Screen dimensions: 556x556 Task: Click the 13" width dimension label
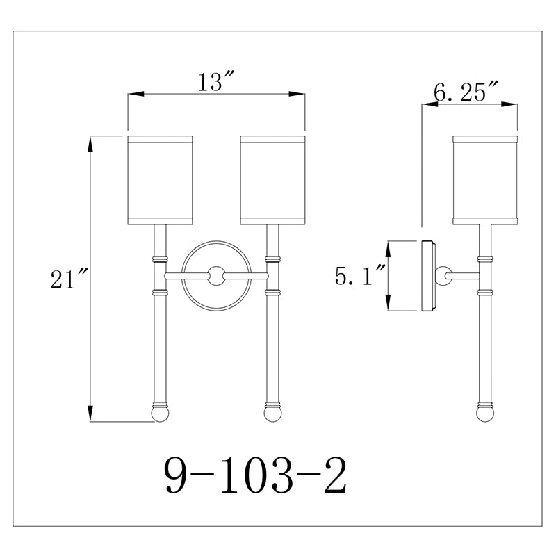(x=216, y=82)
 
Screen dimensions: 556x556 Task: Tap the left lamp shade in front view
(x=160, y=180)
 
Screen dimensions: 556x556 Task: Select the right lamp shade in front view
(x=272, y=180)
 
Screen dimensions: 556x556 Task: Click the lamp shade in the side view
(x=485, y=180)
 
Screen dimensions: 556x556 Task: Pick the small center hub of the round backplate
(x=216, y=275)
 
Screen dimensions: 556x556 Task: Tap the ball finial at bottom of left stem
(x=160, y=414)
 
